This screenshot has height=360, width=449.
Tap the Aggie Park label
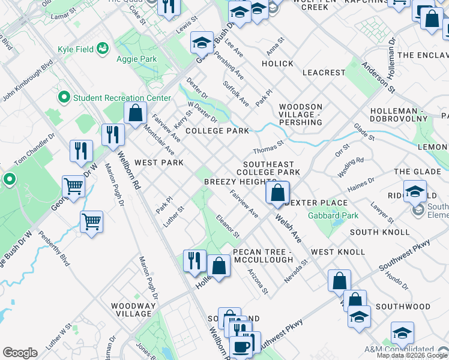point(136,59)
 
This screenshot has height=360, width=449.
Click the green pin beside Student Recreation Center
point(64,97)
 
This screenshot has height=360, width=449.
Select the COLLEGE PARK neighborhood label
point(217,131)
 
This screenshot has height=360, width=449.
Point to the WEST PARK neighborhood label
point(158,163)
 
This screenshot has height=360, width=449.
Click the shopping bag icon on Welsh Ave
point(277,193)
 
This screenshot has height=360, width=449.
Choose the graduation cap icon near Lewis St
point(202,43)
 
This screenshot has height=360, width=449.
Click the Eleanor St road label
point(228,226)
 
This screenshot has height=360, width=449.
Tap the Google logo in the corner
point(20,353)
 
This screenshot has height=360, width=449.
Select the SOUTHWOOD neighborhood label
point(403,307)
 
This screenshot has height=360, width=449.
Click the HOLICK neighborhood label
point(277,64)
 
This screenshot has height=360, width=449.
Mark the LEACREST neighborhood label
point(324,73)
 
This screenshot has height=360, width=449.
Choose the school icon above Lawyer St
point(415,191)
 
